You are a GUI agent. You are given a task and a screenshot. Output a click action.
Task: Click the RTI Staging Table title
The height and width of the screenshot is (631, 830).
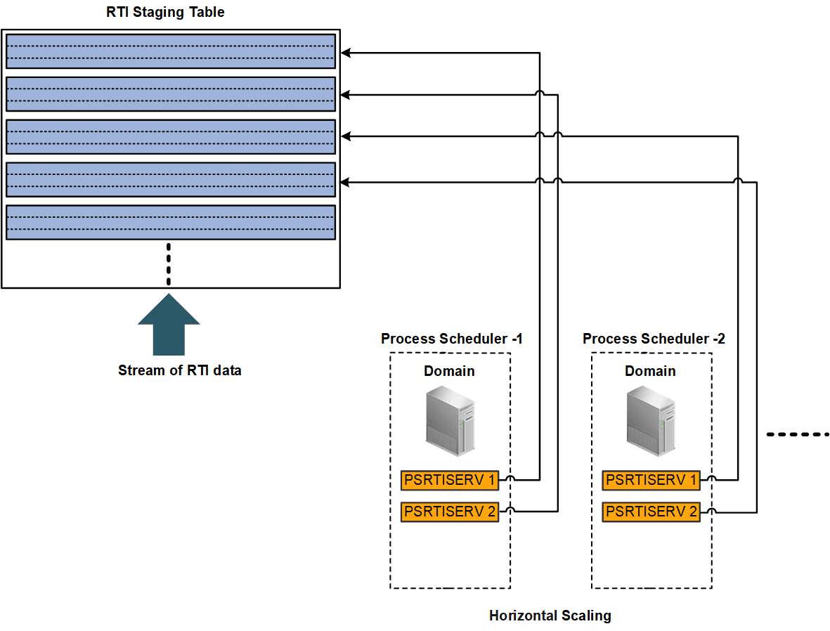click(165, 12)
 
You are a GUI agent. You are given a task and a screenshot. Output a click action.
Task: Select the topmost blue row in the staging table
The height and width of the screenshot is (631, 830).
click(171, 51)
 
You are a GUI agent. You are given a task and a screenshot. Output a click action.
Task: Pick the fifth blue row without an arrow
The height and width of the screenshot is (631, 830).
click(171, 223)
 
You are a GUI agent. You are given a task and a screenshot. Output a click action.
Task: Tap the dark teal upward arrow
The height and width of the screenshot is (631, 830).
click(169, 325)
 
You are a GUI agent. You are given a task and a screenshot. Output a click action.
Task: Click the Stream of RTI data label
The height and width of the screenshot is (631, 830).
click(179, 370)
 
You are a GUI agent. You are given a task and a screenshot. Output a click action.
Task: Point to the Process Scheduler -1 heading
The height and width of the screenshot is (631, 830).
click(451, 339)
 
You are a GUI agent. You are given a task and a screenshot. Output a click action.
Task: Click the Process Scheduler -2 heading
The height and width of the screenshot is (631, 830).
click(654, 339)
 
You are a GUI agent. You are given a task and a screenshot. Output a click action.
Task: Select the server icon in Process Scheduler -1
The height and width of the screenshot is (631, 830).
click(450, 422)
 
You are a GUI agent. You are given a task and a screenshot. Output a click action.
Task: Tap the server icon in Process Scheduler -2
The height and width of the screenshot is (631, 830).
click(651, 422)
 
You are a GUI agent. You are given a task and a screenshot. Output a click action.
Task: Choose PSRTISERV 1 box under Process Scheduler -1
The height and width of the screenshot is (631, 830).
click(450, 481)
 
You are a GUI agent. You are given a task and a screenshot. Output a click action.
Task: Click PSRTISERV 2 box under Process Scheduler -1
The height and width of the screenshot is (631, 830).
click(450, 512)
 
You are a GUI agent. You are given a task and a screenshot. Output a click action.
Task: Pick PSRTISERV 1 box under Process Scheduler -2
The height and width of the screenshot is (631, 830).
click(651, 481)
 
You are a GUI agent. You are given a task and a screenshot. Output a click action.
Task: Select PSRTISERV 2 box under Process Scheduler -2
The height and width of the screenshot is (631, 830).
click(651, 512)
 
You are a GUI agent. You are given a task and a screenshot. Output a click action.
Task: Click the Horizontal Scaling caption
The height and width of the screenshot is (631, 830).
click(550, 616)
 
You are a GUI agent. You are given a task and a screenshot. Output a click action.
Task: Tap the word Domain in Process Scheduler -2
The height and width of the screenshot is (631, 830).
click(650, 371)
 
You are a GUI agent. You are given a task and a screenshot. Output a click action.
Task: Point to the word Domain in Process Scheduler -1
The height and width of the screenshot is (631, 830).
click(449, 371)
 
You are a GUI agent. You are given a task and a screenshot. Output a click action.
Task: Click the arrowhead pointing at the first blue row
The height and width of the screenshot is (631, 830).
click(345, 52)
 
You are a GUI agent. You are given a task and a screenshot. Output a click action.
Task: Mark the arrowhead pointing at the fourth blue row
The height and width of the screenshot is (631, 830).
click(345, 182)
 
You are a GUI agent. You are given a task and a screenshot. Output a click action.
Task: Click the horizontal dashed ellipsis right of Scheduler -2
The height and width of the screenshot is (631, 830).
click(798, 434)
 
